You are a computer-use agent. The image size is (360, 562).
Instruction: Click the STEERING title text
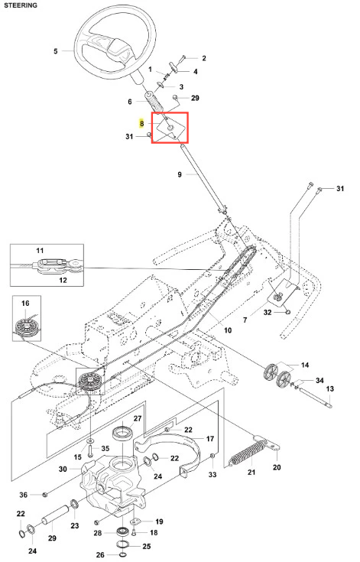(x=21, y=5)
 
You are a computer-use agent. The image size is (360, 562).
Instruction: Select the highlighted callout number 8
(x=142, y=123)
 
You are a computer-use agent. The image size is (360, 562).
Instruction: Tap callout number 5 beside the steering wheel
(x=56, y=51)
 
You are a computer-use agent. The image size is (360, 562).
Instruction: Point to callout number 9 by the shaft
(x=180, y=174)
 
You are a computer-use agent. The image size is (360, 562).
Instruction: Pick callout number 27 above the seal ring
(x=138, y=418)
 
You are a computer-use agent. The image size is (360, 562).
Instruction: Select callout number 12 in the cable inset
(x=63, y=280)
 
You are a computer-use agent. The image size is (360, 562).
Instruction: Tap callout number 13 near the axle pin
(x=330, y=388)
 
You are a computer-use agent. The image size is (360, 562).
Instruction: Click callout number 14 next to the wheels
(x=305, y=365)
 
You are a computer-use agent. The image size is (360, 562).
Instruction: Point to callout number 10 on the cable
(x=228, y=330)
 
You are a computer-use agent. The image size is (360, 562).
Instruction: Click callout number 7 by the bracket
(x=245, y=320)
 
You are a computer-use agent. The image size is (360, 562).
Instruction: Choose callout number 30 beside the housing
(x=63, y=469)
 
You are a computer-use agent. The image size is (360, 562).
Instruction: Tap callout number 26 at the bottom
(x=100, y=555)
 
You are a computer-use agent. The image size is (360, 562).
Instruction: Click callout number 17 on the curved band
(x=210, y=438)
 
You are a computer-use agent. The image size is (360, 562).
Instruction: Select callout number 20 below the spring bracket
(x=277, y=467)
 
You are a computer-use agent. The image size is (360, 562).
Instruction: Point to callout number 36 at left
(x=23, y=495)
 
